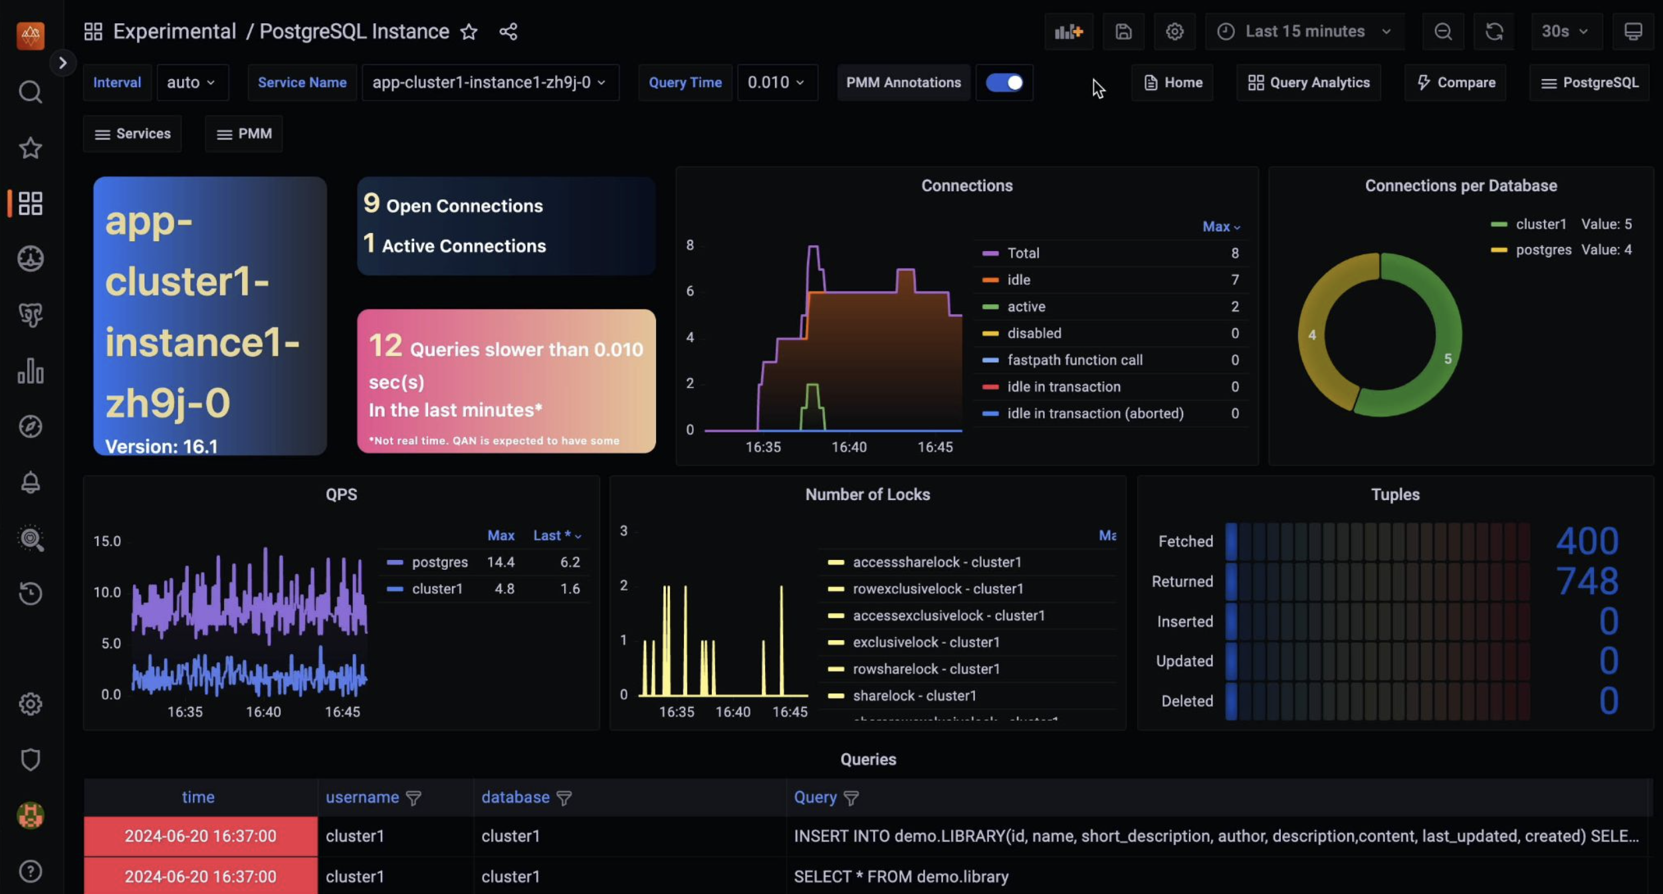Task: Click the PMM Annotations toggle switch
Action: coord(1004,82)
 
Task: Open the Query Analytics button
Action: coord(1308,82)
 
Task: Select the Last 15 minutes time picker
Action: coord(1304,31)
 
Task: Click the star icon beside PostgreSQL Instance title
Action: coord(469,31)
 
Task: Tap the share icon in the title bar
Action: coord(508,31)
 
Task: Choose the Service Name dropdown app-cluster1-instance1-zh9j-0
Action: coord(489,82)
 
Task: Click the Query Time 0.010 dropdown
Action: coord(776,82)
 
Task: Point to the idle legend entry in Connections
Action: coord(1018,280)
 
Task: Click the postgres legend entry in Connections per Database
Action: coord(1543,250)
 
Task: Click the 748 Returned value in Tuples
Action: coord(1587,581)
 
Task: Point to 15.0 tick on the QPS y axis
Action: coord(107,541)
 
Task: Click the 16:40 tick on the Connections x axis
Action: coord(849,447)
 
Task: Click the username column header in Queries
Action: coord(362,797)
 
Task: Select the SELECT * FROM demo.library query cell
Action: coord(901,876)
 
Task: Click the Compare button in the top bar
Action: coord(1456,82)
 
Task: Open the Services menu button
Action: coord(132,134)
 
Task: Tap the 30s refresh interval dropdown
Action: coord(1564,31)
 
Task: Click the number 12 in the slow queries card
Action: coord(385,345)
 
